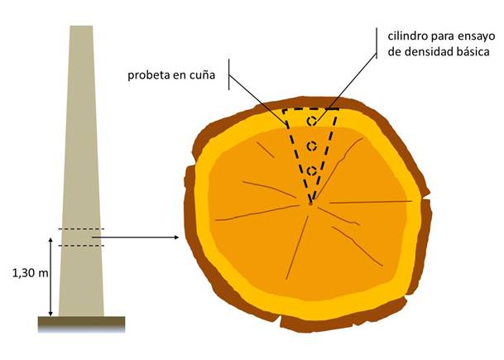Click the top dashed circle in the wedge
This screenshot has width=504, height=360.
[x=312, y=122]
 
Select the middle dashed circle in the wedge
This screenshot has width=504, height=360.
[x=312, y=146]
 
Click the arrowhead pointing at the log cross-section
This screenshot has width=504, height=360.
[x=178, y=238]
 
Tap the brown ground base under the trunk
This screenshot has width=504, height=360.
[x=81, y=321]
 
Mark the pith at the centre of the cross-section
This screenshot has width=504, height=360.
[x=310, y=204]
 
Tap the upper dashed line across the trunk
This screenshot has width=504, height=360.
[x=81, y=229]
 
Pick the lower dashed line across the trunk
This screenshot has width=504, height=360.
[x=81, y=246]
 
